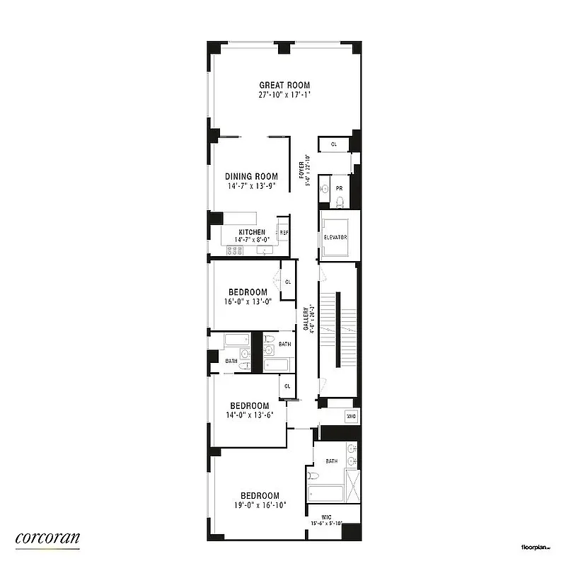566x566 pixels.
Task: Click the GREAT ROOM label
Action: pyautogui.click(x=284, y=86)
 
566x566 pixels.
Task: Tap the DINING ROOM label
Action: pyautogui.click(x=251, y=177)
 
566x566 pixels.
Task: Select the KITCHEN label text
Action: pyautogui.click(x=252, y=232)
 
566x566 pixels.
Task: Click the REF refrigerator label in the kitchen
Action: pyautogui.click(x=284, y=232)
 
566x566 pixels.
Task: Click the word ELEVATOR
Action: pyautogui.click(x=335, y=237)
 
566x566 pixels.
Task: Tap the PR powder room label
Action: pyautogui.click(x=340, y=188)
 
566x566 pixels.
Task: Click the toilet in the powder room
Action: pyautogui.click(x=340, y=203)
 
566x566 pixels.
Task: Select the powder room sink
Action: pyautogui.click(x=324, y=189)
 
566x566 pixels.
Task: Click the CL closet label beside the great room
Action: pyautogui.click(x=334, y=144)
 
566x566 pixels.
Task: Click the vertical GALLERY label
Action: pyautogui.click(x=306, y=318)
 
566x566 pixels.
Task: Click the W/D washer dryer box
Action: pyautogui.click(x=350, y=417)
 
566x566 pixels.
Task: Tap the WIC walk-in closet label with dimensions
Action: pyautogui.click(x=328, y=520)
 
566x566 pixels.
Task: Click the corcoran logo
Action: pyautogui.click(x=47, y=538)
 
